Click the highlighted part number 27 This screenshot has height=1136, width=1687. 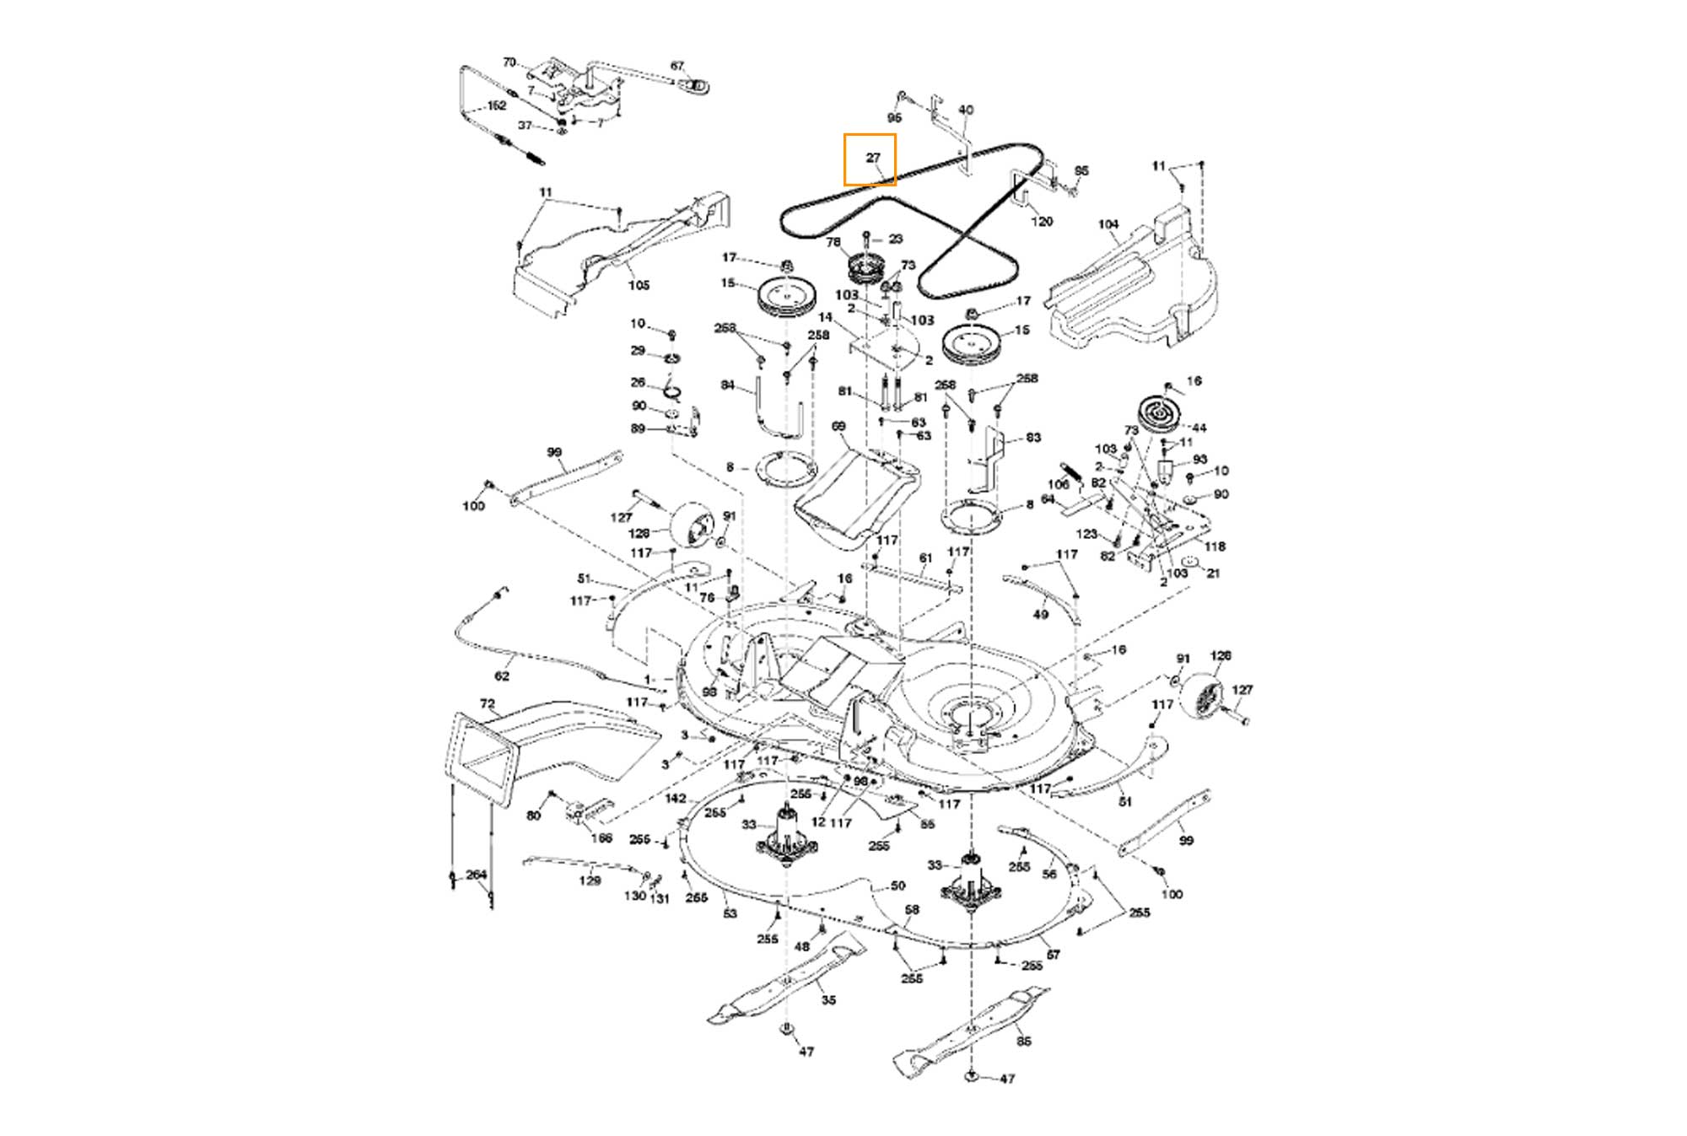873,158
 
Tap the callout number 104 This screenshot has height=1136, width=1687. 1108,224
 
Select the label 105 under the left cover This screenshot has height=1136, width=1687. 639,285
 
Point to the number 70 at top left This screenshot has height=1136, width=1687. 509,62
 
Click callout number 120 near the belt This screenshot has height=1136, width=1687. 1043,221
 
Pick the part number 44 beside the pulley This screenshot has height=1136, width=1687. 1199,428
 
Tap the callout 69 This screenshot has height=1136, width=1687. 838,427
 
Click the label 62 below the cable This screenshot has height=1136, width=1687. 502,676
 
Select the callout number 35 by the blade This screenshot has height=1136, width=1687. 828,1000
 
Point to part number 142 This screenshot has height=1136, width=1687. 676,799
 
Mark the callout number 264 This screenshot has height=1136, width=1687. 477,875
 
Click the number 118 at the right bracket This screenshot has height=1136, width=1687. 1215,546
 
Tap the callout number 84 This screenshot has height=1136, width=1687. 728,385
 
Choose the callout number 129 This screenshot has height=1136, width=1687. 590,880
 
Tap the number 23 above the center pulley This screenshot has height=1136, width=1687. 895,239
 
